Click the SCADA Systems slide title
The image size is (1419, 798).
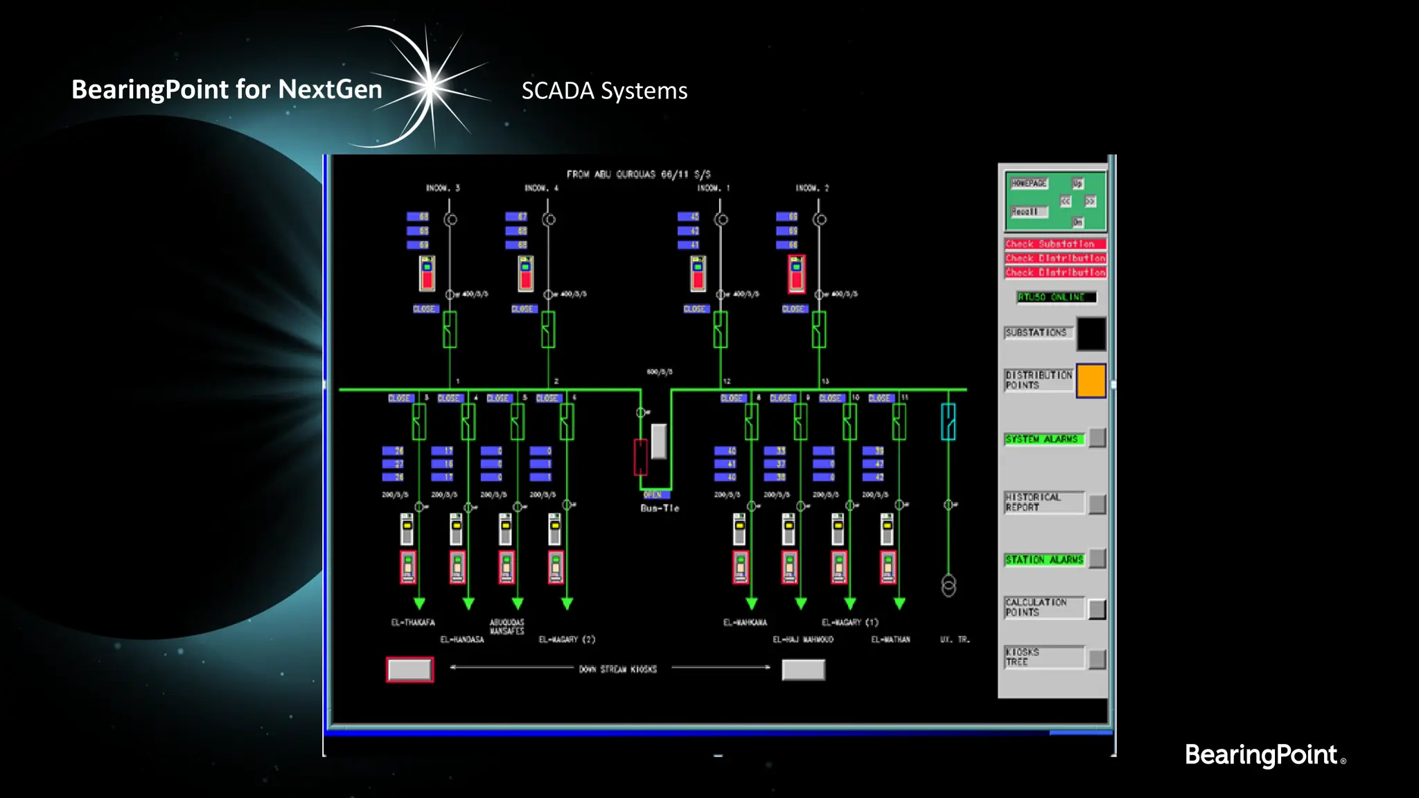tap(604, 91)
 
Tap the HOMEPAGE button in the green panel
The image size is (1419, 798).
tap(1029, 184)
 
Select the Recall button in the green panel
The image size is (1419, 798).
tap(1026, 211)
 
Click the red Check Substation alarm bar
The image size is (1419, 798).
tap(1055, 244)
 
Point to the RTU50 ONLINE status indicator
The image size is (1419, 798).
tap(1056, 297)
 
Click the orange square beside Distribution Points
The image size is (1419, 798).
tap(1091, 380)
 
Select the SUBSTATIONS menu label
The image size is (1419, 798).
tap(1037, 332)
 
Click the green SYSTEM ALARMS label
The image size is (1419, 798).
tap(1043, 439)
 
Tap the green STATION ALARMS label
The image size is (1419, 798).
tap(1044, 559)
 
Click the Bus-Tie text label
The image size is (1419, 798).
tap(660, 508)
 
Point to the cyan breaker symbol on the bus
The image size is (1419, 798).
tap(948, 421)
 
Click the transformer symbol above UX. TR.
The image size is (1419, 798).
tap(949, 586)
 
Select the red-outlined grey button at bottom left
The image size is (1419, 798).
tap(409, 670)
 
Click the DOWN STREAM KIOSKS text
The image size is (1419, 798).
tap(617, 669)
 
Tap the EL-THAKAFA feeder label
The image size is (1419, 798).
tap(413, 623)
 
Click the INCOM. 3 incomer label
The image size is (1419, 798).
tap(443, 188)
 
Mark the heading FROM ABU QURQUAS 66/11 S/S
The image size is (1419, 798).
tap(638, 175)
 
